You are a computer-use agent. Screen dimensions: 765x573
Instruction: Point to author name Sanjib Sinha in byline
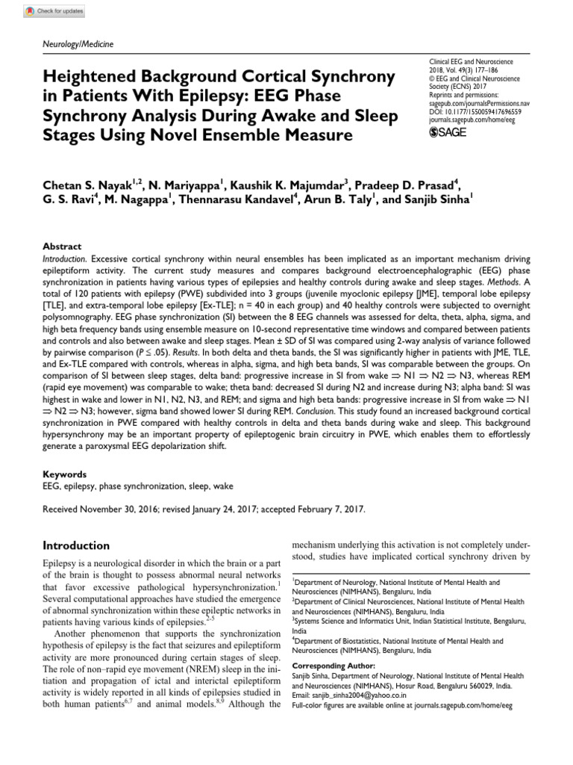432,200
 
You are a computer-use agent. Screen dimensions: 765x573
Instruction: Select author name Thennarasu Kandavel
251,200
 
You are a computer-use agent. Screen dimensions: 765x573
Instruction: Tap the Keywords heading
65,474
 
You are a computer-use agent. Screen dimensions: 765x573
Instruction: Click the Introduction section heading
77,545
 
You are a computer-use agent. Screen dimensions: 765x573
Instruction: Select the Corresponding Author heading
328,665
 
